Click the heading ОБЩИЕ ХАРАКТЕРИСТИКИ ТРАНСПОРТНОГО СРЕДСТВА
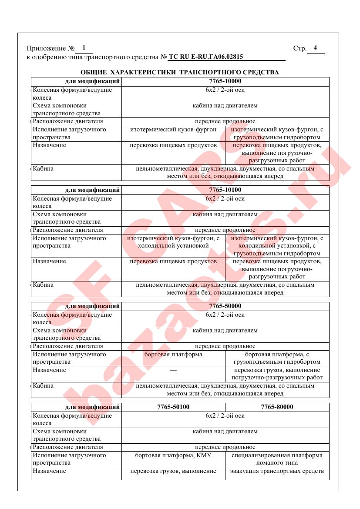pos(180,72)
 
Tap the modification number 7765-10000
pos(225,81)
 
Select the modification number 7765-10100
pos(225,190)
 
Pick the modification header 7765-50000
pos(225,306)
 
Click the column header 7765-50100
pos(173,407)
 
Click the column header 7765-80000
pos(277,407)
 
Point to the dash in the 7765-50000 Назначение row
pos(173,370)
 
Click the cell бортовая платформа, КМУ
pos(173,455)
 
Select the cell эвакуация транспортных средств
pos(277,471)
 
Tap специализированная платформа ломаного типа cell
pos(277,459)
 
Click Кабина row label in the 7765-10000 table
pos(43,168)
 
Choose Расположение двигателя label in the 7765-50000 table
pos(68,346)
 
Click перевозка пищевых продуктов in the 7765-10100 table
pos(173,261)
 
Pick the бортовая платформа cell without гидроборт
pos(173,355)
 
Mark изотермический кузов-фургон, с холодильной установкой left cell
pos(173,242)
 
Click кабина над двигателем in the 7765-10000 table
pos(225,106)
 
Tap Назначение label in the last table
pos(49,471)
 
